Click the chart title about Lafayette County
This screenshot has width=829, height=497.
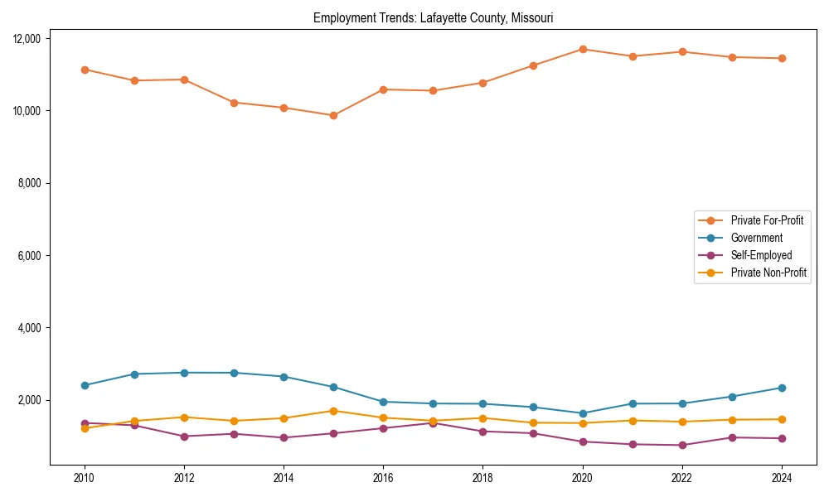[x=433, y=17]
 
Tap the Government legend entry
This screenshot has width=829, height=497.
[x=756, y=238]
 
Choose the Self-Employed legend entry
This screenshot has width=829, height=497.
[x=761, y=255]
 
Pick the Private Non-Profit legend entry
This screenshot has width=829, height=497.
[x=768, y=273]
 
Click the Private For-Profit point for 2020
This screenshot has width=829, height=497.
[x=583, y=49]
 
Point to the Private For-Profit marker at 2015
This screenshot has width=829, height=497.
[x=333, y=115]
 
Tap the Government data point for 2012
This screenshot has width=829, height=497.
[x=184, y=373]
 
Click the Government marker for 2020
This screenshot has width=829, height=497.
[x=583, y=413]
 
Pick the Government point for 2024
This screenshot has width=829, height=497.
[x=782, y=388]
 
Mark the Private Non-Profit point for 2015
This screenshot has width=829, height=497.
[x=333, y=411]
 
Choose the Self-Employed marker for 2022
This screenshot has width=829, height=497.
[x=682, y=445]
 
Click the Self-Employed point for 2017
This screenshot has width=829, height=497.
[x=433, y=423]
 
